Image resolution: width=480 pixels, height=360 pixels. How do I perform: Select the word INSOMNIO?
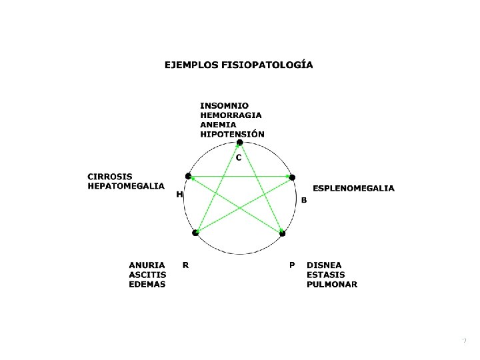click(x=225, y=105)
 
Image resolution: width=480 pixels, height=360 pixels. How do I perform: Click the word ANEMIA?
click(x=218, y=124)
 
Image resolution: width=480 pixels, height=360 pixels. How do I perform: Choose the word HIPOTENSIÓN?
click(x=233, y=133)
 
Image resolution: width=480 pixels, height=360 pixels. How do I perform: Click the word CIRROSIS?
click(x=110, y=177)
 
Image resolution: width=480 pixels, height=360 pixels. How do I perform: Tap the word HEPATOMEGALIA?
click(x=126, y=186)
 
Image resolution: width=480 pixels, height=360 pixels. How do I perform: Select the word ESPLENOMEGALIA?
click(x=353, y=188)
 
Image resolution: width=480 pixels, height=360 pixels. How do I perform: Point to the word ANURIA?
click(x=147, y=265)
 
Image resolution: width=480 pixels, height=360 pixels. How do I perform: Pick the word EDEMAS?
click(x=147, y=284)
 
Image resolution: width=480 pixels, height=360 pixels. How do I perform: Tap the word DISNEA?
click(x=324, y=265)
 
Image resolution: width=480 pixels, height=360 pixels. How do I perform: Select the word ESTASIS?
click(x=327, y=275)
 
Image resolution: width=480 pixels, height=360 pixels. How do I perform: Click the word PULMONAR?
click(x=332, y=284)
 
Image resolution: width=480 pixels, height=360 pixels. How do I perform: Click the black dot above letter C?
click(x=240, y=142)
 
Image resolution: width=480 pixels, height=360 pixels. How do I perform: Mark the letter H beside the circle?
click(x=179, y=195)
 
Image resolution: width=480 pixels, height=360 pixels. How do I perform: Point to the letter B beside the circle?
click(x=304, y=200)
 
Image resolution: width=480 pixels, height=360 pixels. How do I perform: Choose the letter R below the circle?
click(x=185, y=265)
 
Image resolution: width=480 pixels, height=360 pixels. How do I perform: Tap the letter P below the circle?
click(x=292, y=265)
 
